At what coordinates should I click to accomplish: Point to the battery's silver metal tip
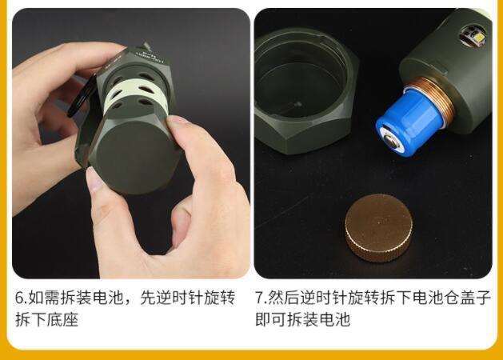(391, 142)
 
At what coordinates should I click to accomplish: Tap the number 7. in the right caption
(261, 298)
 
